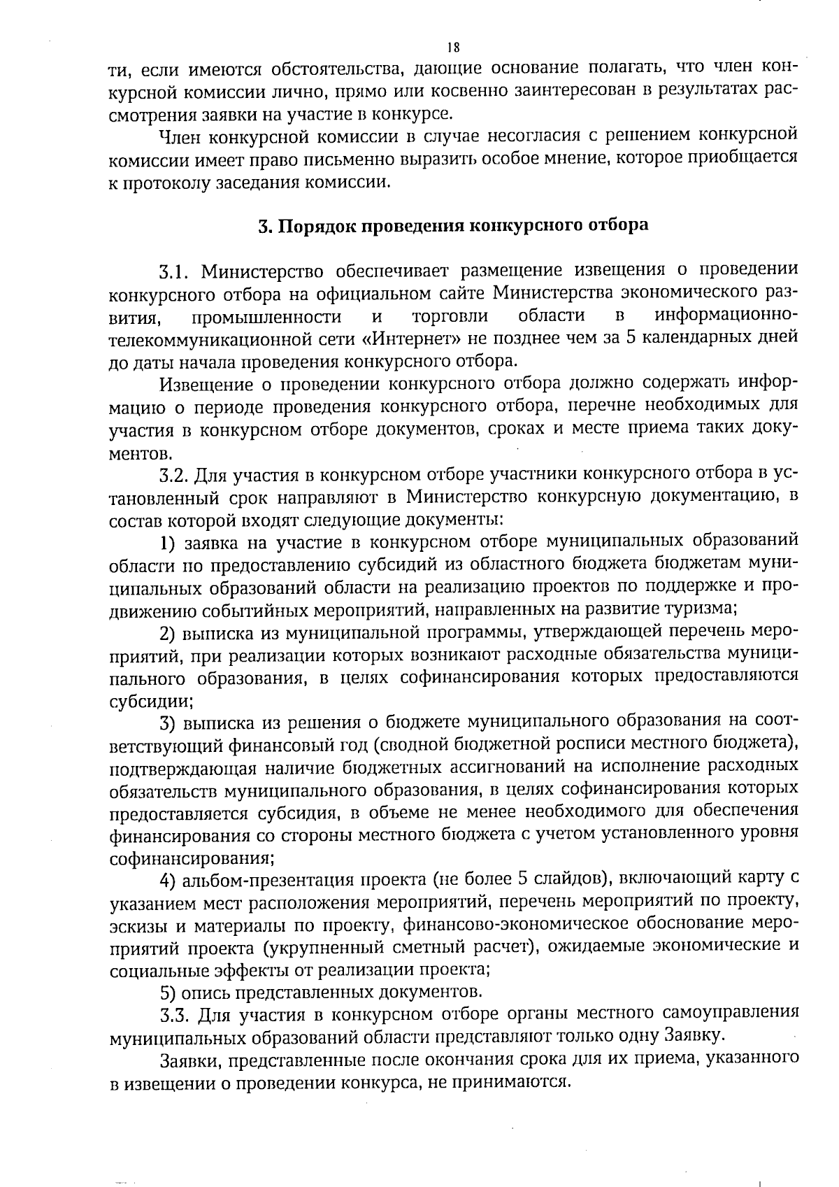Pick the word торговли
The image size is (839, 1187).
tap(450, 317)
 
